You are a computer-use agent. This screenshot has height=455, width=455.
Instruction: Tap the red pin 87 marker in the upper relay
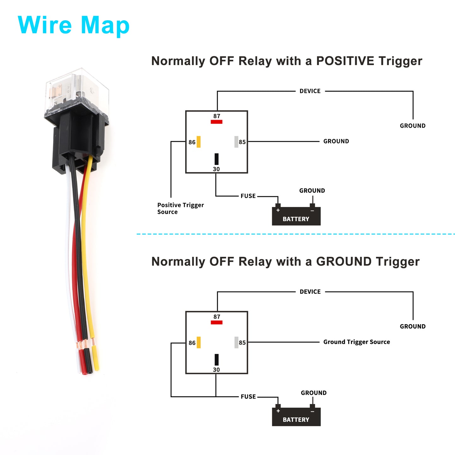[x=216, y=122]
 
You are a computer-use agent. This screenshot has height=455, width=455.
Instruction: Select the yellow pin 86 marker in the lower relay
[x=198, y=343]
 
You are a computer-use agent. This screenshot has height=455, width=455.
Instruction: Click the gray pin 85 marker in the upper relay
[x=236, y=142]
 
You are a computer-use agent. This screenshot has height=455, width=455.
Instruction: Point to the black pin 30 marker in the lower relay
[x=216, y=359]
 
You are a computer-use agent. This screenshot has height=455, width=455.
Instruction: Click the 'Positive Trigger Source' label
[x=180, y=208]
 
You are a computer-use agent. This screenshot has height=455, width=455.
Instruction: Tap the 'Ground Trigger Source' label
[x=356, y=342]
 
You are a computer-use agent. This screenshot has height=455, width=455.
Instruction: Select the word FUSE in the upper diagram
[x=248, y=196]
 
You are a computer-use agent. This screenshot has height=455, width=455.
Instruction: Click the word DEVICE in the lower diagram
[x=310, y=292]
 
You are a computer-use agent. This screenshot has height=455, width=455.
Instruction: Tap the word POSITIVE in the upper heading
[x=345, y=61]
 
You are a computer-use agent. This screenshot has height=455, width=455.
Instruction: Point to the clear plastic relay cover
[x=77, y=91]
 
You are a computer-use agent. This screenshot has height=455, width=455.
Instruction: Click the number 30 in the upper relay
[x=216, y=169]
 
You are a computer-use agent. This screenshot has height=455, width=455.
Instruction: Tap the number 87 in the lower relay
[x=216, y=317]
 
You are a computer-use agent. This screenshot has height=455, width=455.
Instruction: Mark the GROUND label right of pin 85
[x=336, y=141]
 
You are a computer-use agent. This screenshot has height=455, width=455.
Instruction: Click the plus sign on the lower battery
[x=278, y=411]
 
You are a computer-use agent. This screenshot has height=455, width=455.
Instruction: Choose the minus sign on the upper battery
[x=312, y=211]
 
